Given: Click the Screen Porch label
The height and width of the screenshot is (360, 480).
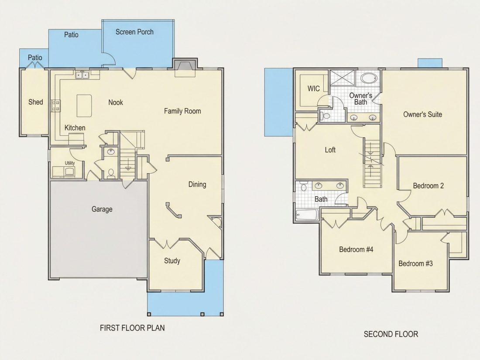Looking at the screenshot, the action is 134,32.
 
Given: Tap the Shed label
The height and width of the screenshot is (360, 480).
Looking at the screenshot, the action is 35,102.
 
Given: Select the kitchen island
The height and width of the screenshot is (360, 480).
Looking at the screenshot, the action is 84,106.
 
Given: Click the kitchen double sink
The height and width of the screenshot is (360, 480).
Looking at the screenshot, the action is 82,74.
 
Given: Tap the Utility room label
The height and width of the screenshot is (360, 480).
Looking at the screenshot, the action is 70,163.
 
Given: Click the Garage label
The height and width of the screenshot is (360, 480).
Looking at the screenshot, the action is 102,209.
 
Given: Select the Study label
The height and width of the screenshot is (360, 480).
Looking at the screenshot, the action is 172,261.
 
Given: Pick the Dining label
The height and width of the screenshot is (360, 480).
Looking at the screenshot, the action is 197,184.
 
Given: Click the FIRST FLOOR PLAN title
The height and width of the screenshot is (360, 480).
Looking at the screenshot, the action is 132,328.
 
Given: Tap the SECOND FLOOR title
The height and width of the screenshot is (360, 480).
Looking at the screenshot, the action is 391,334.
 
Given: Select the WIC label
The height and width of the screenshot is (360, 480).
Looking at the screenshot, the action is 313,89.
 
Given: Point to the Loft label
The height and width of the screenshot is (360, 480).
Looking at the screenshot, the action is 330,150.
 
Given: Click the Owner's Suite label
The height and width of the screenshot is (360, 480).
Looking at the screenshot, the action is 422,114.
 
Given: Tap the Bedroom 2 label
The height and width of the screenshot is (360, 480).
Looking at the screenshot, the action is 428,185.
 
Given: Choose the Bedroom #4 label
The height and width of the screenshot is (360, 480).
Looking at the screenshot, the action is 356,250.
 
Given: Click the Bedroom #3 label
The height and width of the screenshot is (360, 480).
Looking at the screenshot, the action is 415,264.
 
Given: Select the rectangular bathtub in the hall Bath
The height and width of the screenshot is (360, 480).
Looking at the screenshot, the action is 307,215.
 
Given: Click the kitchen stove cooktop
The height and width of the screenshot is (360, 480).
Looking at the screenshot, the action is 56,106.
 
